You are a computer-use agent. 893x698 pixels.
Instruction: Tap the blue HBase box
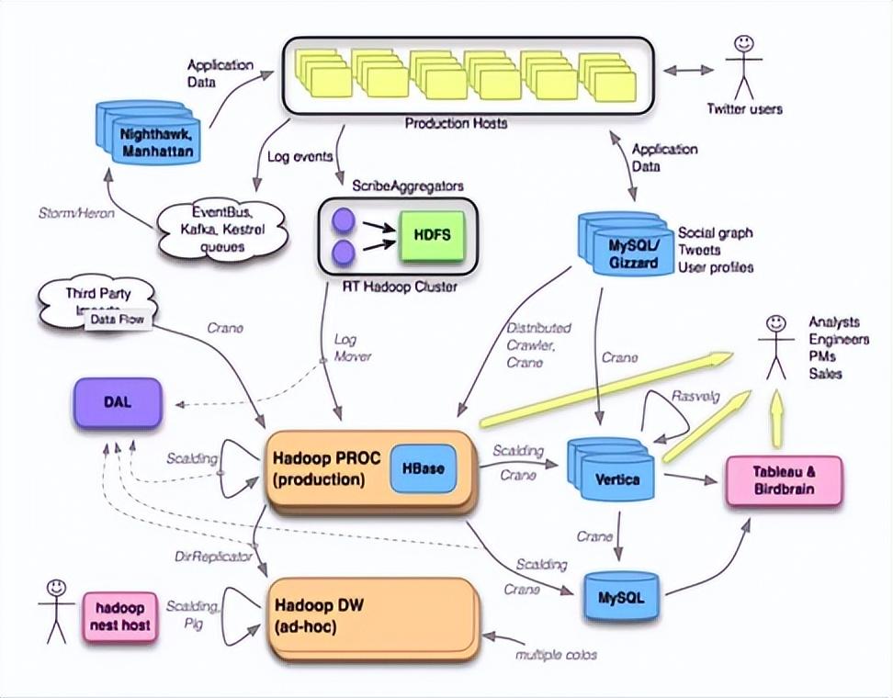pos(423,468)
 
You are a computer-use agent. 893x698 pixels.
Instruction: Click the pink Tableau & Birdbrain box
pos(784,479)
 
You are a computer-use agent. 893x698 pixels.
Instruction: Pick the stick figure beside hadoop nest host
pos(56,610)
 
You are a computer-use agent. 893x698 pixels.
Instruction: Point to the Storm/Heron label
pos(75,213)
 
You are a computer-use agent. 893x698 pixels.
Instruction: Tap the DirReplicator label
pos(212,557)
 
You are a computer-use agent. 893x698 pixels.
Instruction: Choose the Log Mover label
pos(352,347)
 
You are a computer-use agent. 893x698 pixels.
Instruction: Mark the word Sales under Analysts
pos(825,374)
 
